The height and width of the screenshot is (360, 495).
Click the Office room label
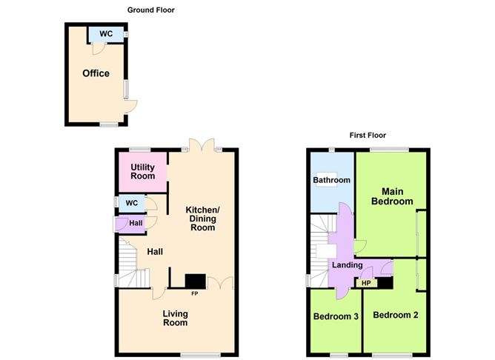[x=96, y=73]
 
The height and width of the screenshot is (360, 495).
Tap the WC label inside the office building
[x=106, y=34]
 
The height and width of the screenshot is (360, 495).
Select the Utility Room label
[x=143, y=172]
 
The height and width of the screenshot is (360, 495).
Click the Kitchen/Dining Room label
[x=203, y=219]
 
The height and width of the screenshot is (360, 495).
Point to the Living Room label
[x=175, y=318]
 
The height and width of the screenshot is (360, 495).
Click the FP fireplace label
[x=194, y=294]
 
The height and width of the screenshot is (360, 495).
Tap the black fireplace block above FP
[x=196, y=281]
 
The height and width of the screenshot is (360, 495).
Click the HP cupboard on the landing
[x=366, y=283]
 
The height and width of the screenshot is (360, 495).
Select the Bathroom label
[x=332, y=180]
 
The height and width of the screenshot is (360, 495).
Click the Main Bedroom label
[x=392, y=196]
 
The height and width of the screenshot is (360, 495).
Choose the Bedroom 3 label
[x=336, y=316]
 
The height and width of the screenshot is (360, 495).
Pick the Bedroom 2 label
[x=396, y=315]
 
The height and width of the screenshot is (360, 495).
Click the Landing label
[x=348, y=265]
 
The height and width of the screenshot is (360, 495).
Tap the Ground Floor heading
[x=151, y=10]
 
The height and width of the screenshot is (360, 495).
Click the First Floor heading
[x=368, y=136]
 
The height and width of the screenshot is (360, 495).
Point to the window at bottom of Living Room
[x=201, y=355]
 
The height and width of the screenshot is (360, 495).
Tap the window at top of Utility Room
[x=140, y=150]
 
